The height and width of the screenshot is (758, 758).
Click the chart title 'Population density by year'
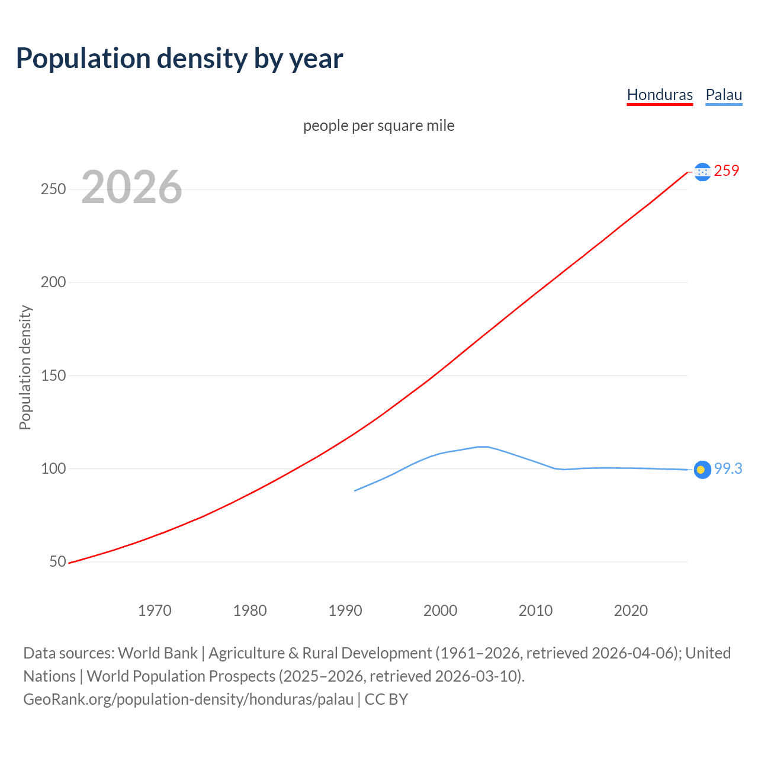179,59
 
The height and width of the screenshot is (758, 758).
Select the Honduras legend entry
660,95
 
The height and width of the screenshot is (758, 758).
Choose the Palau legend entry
724,95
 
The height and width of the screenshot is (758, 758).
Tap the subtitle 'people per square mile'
379,126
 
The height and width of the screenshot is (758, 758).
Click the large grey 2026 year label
131,187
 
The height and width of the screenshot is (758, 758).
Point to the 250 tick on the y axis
53,189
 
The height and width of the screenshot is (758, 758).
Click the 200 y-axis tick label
53,282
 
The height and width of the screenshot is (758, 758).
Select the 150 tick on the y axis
53,375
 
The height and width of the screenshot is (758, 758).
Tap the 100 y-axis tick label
53,468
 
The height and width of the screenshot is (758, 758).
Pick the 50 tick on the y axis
57,561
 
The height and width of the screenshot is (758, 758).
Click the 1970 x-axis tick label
155,611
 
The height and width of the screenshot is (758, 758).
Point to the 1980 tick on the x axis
250,611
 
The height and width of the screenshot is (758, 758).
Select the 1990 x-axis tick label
345,611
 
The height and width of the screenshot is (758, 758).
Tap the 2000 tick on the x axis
441,611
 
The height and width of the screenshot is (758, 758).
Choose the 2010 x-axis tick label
535,611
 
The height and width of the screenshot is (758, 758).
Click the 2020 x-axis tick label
631,611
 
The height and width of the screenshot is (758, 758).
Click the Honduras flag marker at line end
702,172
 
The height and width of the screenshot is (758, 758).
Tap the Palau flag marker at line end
702,470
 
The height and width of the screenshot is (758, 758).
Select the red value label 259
727,171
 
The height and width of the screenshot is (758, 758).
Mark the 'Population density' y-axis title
25,367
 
